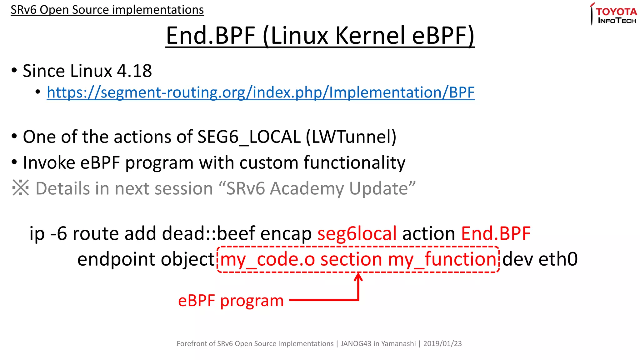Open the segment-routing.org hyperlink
tap(261, 92)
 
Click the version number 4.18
tap(134, 71)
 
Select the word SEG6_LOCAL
tap(249, 137)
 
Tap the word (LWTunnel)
tap(351, 137)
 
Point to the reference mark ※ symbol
tap(21, 188)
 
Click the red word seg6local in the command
tap(357, 233)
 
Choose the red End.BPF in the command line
tap(496, 233)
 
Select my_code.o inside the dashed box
tap(267, 259)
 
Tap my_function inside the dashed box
tap(442, 259)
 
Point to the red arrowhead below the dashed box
tap(358, 277)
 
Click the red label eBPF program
tap(231, 301)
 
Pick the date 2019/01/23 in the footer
tap(442, 344)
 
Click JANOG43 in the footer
tap(356, 344)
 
